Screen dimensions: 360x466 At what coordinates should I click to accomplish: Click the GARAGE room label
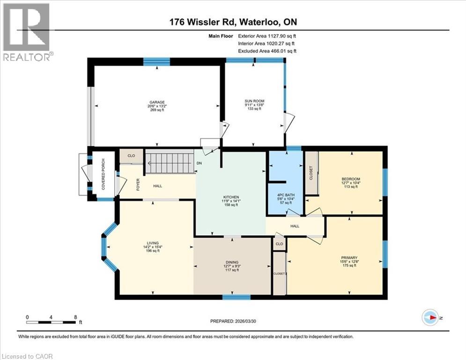(x=157, y=102)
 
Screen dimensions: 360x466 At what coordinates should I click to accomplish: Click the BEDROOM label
(x=350, y=179)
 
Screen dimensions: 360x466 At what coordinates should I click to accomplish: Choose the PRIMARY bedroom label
(x=349, y=258)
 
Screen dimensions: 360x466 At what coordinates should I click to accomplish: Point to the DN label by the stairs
(x=199, y=163)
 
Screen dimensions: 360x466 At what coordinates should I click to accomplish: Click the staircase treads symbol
(x=169, y=162)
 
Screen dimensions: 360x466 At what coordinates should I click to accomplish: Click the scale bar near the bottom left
(x=52, y=322)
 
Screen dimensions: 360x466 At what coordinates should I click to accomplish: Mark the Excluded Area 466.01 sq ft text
(x=267, y=51)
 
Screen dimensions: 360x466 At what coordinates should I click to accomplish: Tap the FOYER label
(x=138, y=186)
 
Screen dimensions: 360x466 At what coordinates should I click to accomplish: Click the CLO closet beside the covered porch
(x=131, y=156)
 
